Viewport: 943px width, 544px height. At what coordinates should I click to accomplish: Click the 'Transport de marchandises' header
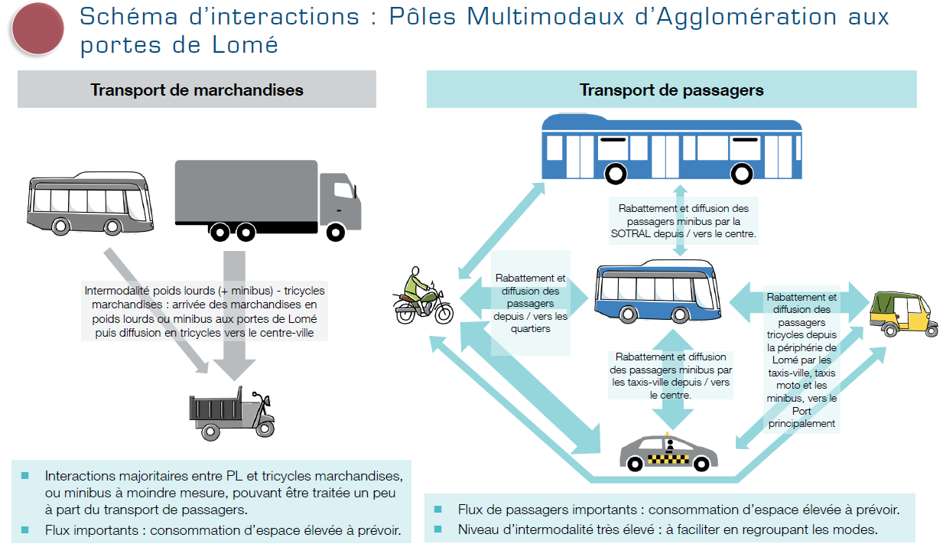[x=197, y=90]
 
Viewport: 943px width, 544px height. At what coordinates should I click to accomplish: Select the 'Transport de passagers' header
[x=671, y=90]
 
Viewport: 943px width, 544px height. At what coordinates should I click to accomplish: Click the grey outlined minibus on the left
[x=90, y=202]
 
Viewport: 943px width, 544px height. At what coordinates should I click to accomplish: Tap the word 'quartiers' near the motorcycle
[x=530, y=328]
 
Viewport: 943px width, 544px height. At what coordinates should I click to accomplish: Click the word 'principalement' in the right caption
[x=802, y=423]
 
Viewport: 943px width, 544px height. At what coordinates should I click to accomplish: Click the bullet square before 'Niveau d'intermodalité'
[x=438, y=529]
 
